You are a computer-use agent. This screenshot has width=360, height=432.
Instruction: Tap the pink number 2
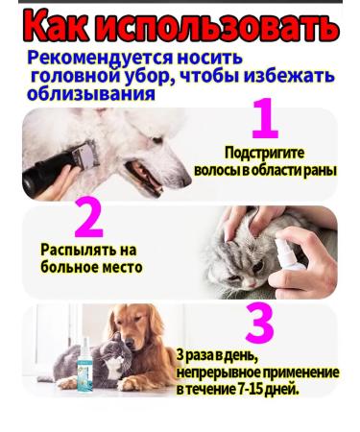(x=87, y=219)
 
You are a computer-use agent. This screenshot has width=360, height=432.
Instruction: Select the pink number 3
(x=259, y=324)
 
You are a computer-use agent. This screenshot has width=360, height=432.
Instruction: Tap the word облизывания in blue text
(x=91, y=94)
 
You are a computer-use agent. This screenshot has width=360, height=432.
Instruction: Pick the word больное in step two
(x=68, y=267)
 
